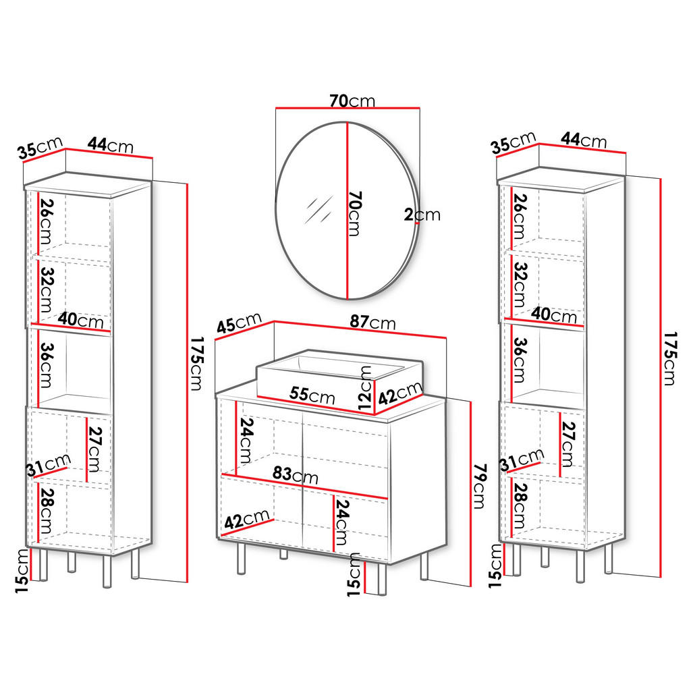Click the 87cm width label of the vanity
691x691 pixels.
tap(372, 322)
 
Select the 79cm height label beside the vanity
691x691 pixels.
tap(480, 486)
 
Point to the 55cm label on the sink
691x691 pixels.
tap(312, 394)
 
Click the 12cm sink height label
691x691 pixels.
tap(365, 388)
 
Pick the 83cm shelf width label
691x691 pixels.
tap(296, 474)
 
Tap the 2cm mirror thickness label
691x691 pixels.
tap(422, 215)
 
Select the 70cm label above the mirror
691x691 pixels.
tap(352, 101)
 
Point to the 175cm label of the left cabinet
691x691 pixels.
tap(196, 364)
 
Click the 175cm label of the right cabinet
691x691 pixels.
tap(670, 359)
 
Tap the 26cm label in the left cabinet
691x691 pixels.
tap(46, 221)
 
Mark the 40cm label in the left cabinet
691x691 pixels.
tap(81, 319)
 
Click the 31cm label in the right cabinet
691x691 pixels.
tap(522, 460)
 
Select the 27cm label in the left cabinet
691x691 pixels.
tap(94, 449)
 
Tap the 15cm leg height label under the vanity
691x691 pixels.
tap(354, 575)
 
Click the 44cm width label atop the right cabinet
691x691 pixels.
tap(584, 140)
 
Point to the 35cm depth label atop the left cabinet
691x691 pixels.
tap(40, 148)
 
